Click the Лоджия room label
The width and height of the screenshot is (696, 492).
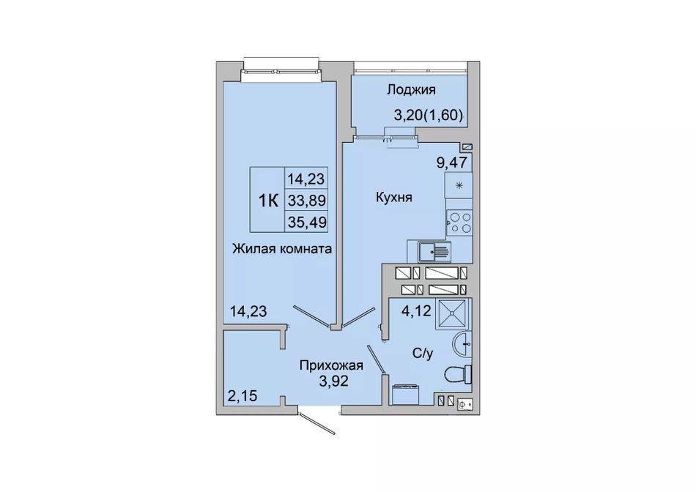pos(411,90)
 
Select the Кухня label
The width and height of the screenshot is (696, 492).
pos(393,198)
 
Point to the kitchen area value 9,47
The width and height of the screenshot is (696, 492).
pos(452,163)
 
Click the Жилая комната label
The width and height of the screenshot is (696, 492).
pos(282,248)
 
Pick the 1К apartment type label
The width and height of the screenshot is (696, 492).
pos(268,201)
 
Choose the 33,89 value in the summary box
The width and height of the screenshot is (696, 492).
pos(307,200)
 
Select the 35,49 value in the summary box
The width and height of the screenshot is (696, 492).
pos(307,221)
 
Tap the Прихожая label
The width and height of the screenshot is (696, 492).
pos(331,366)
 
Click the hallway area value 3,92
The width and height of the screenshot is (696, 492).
pos(334,381)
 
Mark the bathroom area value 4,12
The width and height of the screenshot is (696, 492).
pos(416,311)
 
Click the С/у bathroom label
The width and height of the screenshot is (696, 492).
pos(423,354)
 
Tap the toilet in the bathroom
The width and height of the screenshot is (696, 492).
pos(458,375)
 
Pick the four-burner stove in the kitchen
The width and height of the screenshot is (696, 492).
pos(459,223)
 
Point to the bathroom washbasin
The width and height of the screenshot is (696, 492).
pos(462,344)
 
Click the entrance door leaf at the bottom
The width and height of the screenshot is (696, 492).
pos(316,424)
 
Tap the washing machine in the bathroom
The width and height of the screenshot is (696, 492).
pos(405,394)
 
